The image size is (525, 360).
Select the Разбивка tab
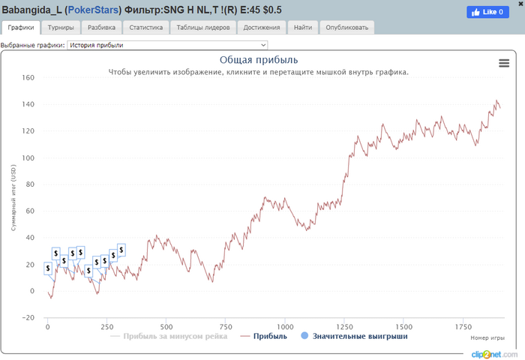(101, 28)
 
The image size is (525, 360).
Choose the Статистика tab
(145, 28)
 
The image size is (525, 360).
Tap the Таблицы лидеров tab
(203, 28)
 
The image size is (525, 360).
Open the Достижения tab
(263, 28)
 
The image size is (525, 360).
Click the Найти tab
(303, 28)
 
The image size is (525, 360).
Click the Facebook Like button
(487, 12)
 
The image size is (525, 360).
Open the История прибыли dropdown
(167, 45)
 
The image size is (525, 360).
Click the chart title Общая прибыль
(259, 59)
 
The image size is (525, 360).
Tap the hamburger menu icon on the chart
(504, 64)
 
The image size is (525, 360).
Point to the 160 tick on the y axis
(28, 77)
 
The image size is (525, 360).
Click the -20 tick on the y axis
(28, 317)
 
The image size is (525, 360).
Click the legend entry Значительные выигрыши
(358, 337)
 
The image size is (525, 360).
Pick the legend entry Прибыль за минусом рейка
(175, 337)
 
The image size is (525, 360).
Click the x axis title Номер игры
(487, 337)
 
